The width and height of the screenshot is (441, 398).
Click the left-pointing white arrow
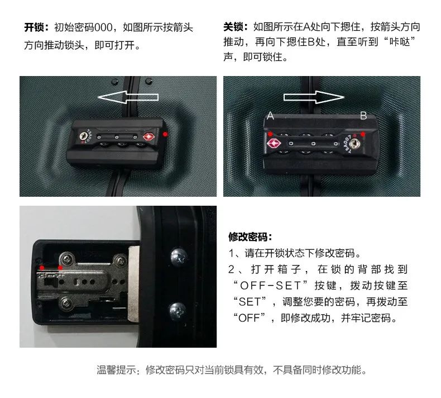pos(128,97)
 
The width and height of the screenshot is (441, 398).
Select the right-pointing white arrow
pos(314,97)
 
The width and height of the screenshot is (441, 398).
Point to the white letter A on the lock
pos(270,116)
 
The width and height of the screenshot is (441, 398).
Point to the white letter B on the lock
pos(363,116)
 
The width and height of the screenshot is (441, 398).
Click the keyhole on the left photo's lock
pos(83,136)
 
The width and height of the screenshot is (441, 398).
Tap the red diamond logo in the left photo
pos(148,137)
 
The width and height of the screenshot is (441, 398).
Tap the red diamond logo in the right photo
pos(272,143)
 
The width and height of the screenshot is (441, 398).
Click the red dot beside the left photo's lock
pos(165,134)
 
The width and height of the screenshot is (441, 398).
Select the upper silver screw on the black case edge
pos(179,256)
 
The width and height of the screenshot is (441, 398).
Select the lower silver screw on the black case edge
pos(178,311)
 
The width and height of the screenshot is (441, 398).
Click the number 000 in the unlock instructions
pos(103,27)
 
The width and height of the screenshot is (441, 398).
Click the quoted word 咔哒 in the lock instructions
pos(399,42)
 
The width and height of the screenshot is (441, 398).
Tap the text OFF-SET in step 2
pos(270,286)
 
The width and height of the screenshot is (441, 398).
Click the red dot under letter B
pos(363,134)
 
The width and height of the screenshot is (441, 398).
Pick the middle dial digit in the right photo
pos(313,144)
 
